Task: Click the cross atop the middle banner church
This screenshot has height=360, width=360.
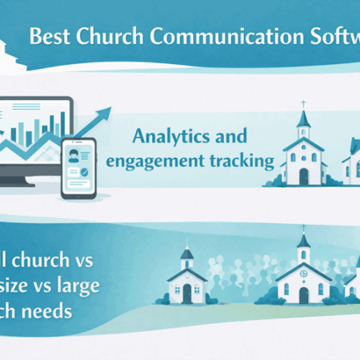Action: pyautogui.click(x=304, y=105)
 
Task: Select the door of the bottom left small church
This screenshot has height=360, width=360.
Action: pyautogui.click(x=186, y=295)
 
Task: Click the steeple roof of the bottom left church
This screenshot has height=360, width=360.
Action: pyautogui.click(x=187, y=254)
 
